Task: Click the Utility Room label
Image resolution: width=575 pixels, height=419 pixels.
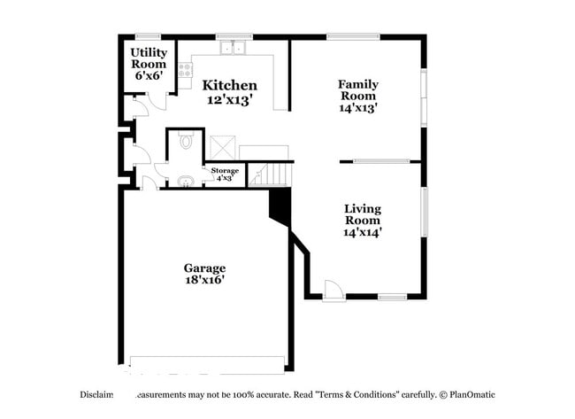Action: [x=149, y=64]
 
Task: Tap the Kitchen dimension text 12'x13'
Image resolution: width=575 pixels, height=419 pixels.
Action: [x=230, y=100]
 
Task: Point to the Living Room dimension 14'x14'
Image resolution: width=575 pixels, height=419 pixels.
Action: [x=363, y=232]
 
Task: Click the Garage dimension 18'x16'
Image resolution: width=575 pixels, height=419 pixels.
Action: [x=204, y=280]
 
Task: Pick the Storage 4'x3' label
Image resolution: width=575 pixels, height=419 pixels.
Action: [x=224, y=174]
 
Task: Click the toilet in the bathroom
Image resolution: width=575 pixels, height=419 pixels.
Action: [x=186, y=141]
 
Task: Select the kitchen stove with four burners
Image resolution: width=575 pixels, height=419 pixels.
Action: [x=185, y=71]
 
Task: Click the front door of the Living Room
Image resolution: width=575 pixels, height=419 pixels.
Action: [x=333, y=291]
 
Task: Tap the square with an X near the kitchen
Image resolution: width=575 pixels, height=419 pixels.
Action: [x=222, y=146]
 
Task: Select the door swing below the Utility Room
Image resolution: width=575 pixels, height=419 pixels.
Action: [x=136, y=109]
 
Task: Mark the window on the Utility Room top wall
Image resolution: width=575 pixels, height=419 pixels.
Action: [x=147, y=36]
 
